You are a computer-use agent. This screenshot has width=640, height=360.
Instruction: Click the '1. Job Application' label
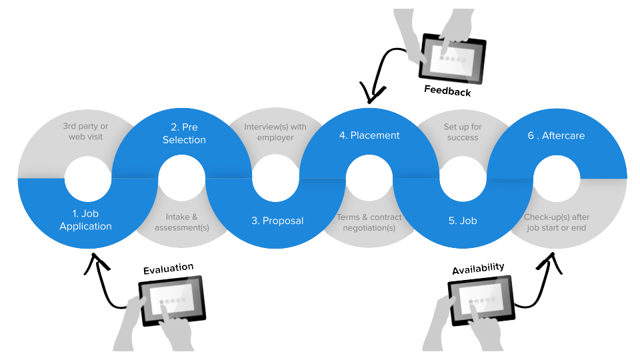(x=85, y=220)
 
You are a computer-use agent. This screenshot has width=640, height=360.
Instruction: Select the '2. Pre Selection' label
(x=184, y=133)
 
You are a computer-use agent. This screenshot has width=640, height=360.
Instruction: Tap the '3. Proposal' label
(x=277, y=221)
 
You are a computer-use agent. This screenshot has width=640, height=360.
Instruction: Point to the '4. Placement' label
(x=369, y=135)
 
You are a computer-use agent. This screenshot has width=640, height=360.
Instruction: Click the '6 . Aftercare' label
(x=556, y=135)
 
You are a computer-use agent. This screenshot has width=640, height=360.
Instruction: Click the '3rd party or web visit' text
(x=85, y=131)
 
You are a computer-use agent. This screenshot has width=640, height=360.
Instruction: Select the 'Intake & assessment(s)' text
(x=181, y=222)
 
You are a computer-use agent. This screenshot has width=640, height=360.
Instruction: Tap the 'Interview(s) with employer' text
(x=275, y=132)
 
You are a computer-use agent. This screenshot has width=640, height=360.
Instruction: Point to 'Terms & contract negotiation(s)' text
(x=369, y=222)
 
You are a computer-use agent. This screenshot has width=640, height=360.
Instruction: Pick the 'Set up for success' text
(x=463, y=132)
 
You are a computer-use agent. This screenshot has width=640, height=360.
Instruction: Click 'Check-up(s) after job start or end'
(x=557, y=222)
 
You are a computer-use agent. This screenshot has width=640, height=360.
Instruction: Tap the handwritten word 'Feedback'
(x=447, y=91)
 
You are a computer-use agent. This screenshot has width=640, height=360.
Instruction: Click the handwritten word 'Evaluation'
(x=169, y=269)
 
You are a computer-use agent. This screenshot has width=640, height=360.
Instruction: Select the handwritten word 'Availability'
(x=478, y=269)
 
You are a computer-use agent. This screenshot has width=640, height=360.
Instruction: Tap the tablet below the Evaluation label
(x=171, y=301)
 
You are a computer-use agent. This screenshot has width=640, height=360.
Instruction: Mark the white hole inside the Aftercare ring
(x=557, y=179)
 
